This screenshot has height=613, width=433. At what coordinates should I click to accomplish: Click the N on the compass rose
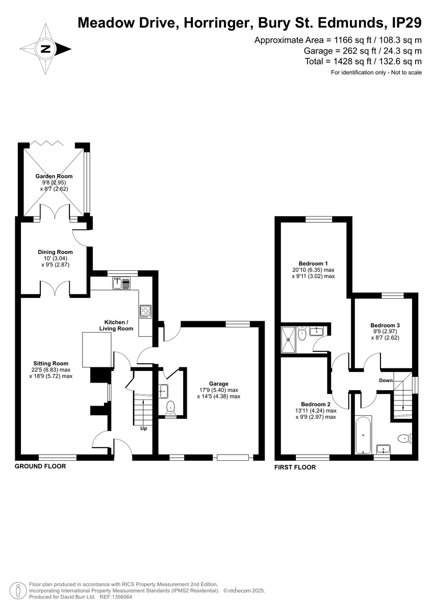45,49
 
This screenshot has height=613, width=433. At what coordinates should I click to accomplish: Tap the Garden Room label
54,176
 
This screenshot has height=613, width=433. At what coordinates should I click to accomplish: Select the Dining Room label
55,252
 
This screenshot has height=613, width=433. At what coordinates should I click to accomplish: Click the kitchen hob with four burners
145,312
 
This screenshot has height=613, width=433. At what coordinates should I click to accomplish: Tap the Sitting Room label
51,363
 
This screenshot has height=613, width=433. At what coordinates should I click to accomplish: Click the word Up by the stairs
143,429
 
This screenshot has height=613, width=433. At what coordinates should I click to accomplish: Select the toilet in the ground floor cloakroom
171,408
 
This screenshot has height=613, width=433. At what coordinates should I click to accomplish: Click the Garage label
219,384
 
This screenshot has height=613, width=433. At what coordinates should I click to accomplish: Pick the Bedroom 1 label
313,264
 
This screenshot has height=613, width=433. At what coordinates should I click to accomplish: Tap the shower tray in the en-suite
288,340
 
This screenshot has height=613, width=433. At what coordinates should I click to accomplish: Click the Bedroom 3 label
385,325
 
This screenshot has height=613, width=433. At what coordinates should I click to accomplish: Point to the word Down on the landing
386,381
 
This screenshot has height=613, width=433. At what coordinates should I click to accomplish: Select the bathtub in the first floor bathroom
363,435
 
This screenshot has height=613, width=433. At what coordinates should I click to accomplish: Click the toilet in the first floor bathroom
405,439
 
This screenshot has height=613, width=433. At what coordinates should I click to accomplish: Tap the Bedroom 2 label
316,404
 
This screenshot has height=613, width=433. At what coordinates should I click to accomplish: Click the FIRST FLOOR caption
295,467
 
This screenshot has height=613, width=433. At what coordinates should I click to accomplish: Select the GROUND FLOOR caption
40,466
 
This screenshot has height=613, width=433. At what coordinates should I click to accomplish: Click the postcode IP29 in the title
407,23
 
